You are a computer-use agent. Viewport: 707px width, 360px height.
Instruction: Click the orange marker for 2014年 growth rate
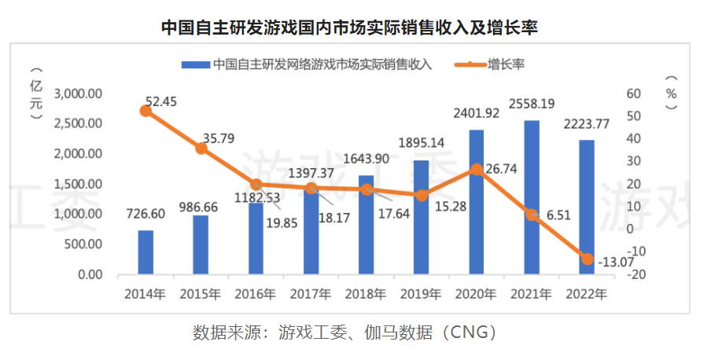coord(145,111)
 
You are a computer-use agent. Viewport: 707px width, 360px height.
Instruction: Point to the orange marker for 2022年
coord(587,259)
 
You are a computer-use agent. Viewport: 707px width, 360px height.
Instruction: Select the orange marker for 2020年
coord(477,169)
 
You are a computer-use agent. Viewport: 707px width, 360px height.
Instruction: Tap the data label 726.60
coord(145,214)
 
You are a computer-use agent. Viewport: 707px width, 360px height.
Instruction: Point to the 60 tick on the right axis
coord(634,94)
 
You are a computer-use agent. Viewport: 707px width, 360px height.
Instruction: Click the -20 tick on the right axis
coord(637,275)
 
